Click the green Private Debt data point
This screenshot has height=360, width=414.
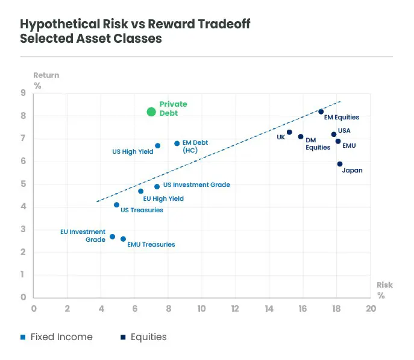[151, 112]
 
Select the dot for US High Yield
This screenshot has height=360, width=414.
[158, 145]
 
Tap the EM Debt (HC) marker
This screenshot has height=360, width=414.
[177, 144]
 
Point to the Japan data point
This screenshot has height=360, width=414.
[340, 163]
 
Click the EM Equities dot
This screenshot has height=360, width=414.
[321, 112]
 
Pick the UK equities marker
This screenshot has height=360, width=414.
[289, 132]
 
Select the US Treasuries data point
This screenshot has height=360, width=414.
[117, 205]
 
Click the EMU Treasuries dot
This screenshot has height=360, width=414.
[124, 239]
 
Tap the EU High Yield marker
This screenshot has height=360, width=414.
[141, 191]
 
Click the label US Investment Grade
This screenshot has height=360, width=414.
[196, 185]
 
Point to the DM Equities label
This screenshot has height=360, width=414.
[318, 143]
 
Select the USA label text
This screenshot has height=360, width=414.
[344, 130]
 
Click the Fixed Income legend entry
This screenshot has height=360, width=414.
[61, 337]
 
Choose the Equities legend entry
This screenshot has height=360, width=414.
[148, 337]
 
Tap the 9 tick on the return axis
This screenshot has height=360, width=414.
[23, 93]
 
